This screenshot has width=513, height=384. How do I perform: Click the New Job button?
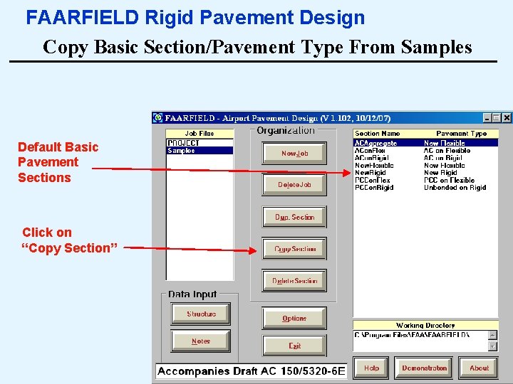coord(294,153)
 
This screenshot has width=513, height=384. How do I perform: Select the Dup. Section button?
coord(294,217)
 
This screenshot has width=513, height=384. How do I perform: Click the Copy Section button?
coord(294,249)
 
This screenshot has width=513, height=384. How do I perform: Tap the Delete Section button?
coord(294,281)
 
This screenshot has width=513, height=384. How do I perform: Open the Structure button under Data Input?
coord(201,314)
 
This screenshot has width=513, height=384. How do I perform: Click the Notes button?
coord(201,341)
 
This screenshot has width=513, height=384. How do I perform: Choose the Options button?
coord(294,319)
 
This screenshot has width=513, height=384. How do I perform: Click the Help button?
coord(371,368)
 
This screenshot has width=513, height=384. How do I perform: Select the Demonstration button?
coord(424,368)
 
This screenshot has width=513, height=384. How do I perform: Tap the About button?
coord(479,368)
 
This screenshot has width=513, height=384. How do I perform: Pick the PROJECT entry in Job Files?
coord(183,143)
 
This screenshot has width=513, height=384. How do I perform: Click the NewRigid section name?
coord(370,173)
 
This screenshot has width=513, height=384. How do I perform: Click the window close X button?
coord(507,118)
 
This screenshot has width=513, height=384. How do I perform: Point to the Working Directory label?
coord(425,326)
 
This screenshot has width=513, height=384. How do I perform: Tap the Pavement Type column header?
coord(461,134)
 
